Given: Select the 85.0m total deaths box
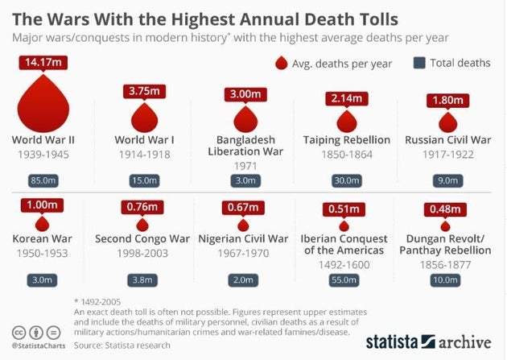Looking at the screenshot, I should pos(43,179).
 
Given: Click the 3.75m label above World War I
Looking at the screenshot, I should pos(145,91).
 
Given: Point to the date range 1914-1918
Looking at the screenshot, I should pos(145,154).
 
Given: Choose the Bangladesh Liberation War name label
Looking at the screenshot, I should pos(245,146).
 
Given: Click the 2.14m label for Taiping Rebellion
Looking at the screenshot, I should pos(346,99).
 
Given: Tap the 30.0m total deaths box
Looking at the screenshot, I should pos(346,179).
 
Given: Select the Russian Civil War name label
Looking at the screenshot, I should pos(447,140).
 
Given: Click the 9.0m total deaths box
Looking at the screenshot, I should pos(447,179).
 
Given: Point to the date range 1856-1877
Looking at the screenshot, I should pos(447,264).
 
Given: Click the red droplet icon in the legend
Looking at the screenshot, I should pos(281,63).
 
